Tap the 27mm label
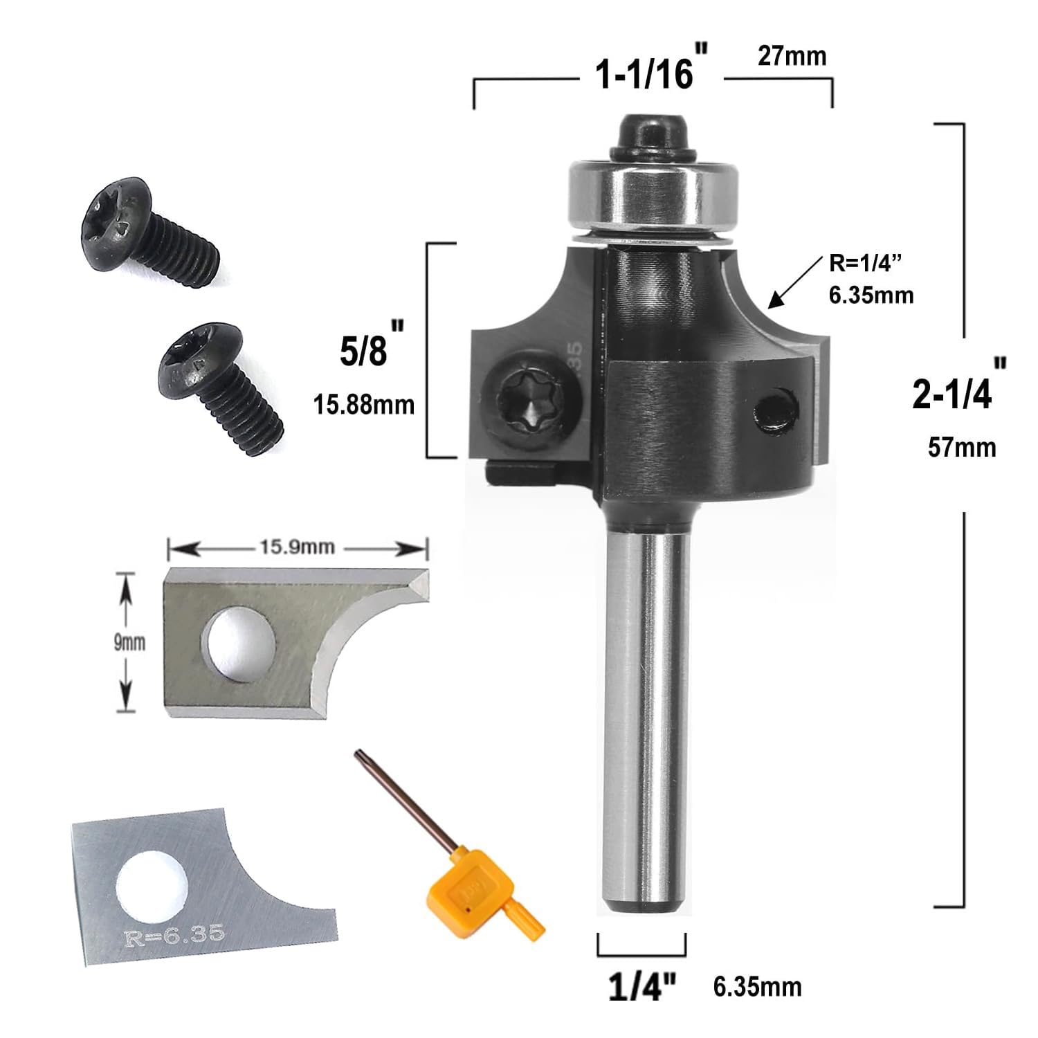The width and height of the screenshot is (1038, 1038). click(792, 56)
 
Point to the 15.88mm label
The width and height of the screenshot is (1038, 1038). click(365, 404)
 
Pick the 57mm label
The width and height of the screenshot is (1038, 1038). click(962, 447)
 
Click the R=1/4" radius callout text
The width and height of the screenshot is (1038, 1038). click(866, 264)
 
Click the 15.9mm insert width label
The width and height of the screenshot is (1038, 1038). click(298, 547)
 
